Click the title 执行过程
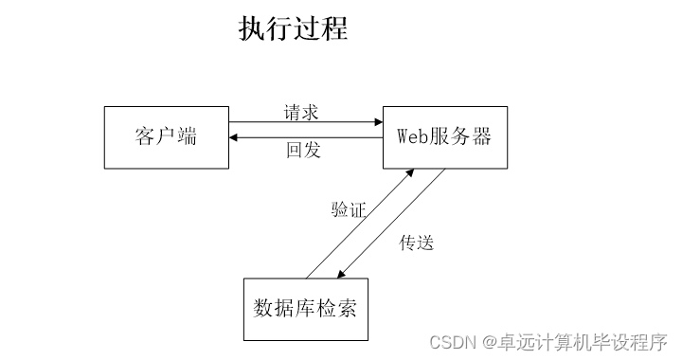click(x=293, y=28)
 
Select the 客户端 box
click(x=166, y=137)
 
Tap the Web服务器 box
click(x=444, y=137)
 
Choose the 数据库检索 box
click(x=305, y=309)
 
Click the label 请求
click(x=301, y=112)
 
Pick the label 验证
click(x=348, y=209)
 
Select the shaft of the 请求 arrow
click(x=303, y=122)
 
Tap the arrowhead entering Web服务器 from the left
click(x=377, y=122)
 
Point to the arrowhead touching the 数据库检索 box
click(x=343, y=274)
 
